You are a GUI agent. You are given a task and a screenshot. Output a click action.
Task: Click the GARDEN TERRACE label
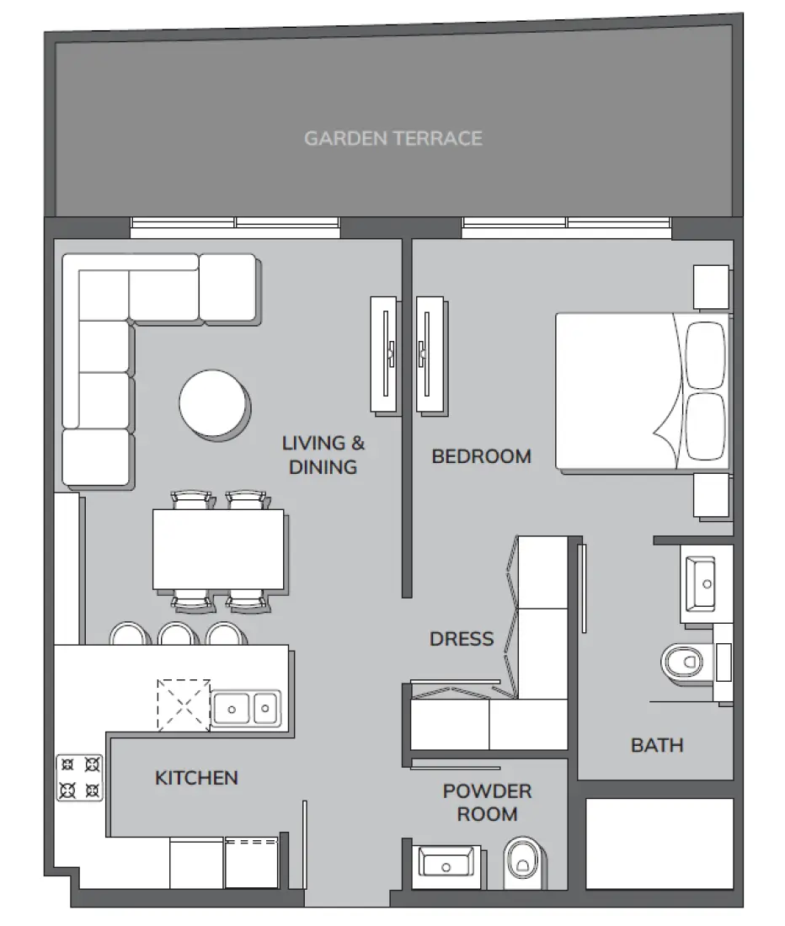tap(392, 138)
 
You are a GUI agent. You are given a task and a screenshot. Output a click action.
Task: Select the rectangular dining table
tap(219, 550)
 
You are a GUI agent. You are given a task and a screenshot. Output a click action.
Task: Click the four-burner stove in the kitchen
tap(80, 777)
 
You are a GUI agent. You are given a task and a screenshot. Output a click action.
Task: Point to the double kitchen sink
tap(245, 708)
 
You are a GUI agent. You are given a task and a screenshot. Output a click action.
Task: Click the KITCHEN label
tap(196, 778)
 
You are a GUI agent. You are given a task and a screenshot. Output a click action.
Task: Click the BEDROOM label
tap(481, 456)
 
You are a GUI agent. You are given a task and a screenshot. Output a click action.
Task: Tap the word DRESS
tap(462, 639)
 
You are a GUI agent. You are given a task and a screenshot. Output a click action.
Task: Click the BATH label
tap(657, 744)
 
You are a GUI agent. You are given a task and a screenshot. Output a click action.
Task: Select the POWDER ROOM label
tap(487, 802)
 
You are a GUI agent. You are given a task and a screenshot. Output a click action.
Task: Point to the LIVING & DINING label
tap(323, 455)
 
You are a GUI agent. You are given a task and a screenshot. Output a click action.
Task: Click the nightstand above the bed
tap(710, 288)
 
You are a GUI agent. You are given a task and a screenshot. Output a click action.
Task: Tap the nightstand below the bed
tap(711, 495)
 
